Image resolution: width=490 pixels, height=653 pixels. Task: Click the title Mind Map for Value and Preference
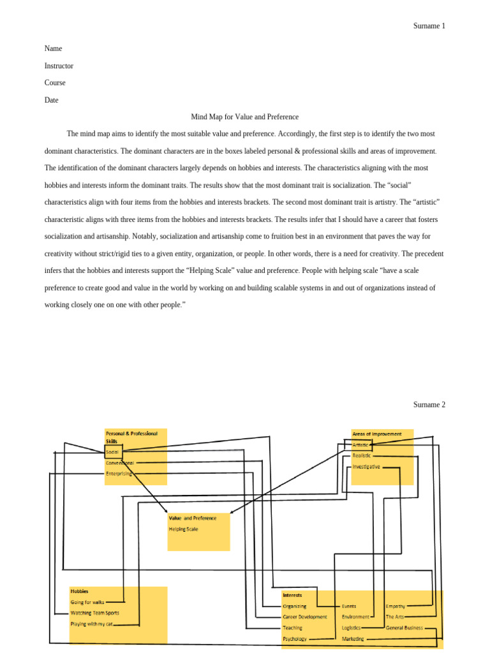[245, 117]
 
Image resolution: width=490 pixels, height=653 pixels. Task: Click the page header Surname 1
[429, 26]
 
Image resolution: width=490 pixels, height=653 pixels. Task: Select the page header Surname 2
[429, 404]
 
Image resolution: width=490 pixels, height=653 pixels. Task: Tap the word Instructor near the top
[59, 66]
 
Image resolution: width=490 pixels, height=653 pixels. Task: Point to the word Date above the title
[51, 99]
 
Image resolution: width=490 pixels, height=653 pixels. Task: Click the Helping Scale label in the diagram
[184, 529]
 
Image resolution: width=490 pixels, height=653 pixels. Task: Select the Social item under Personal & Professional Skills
[112, 451]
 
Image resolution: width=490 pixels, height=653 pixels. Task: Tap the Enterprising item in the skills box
[119, 473]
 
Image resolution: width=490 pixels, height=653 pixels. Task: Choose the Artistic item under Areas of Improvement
[361, 444]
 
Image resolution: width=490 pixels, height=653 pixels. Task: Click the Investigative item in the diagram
[366, 466]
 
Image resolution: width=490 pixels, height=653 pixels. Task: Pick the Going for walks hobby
[87, 602]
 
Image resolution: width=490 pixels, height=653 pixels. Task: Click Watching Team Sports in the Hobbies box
[94, 613]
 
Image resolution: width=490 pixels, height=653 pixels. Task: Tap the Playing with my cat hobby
[91, 624]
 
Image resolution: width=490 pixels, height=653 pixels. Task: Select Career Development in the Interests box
[305, 617]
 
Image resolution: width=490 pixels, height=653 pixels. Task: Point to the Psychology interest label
[295, 638]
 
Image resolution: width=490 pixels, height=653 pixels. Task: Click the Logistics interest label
[352, 627]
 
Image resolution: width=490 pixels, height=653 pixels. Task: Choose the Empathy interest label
[396, 606]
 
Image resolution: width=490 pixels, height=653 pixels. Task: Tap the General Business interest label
[405, 627]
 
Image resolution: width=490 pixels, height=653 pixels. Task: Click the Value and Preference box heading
[193, 518]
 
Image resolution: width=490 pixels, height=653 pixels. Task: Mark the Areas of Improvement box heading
[377, 434]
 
